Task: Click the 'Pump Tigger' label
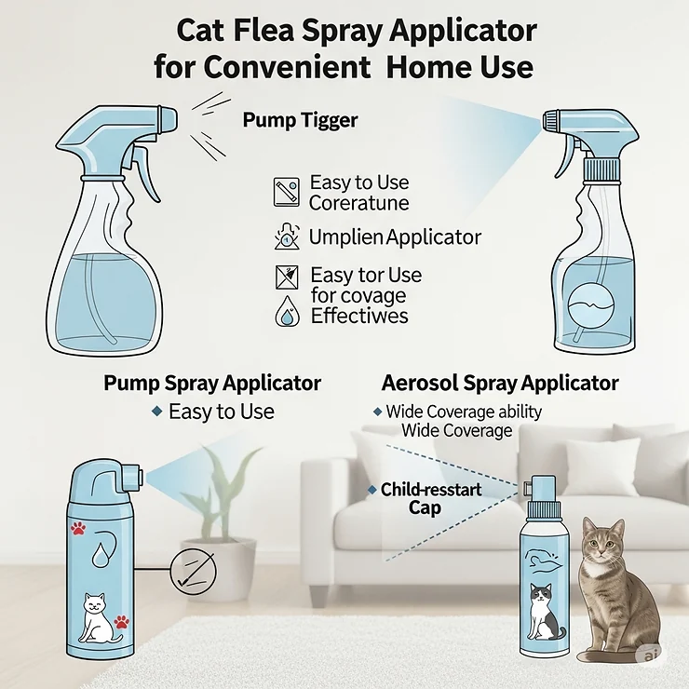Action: [300, 120]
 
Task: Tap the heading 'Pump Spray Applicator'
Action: [212, 383]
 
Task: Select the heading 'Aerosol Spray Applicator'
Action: [500, 383]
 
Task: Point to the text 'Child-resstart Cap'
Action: [424, 498]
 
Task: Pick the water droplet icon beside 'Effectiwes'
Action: [285, 317]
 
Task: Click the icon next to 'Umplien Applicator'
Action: [285, 236]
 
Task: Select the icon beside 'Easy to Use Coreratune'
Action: [286, 192]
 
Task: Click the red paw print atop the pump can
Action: [77, 530]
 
